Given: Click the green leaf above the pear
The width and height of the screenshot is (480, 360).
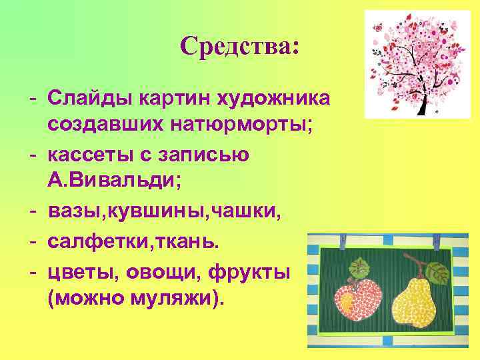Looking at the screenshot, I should point(437,271).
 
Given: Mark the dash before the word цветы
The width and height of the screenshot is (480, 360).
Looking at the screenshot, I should point(33,271).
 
